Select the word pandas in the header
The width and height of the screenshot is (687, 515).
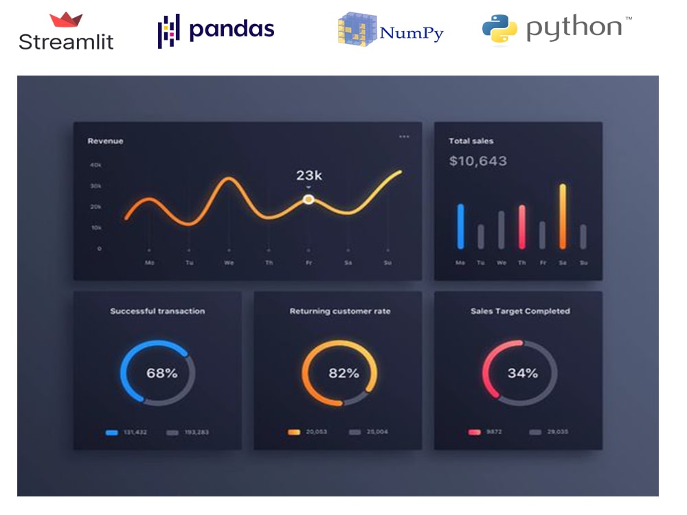232,30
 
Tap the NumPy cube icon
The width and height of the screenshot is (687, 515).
357,29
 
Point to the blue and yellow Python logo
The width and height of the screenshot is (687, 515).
499,29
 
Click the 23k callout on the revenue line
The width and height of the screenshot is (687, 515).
309,175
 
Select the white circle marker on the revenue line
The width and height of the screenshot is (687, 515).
308,199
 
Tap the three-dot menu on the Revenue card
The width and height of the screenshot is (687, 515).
404,137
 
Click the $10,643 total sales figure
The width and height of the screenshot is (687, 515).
478,161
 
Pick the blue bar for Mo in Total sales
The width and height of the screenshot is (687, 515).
460,226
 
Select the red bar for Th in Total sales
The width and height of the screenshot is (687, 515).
522,227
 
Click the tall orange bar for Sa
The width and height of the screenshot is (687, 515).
563,216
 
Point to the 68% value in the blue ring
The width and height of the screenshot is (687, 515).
161,374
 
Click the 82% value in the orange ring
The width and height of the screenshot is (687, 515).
343,374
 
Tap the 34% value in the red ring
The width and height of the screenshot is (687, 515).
522,374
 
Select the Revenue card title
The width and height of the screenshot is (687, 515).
106,141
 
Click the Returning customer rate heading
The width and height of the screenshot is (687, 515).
339,311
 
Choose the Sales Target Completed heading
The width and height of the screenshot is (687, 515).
520,311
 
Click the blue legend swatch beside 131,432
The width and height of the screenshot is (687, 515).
112,433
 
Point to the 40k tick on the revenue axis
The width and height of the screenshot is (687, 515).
95,165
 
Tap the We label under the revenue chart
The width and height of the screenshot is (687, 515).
229,262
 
